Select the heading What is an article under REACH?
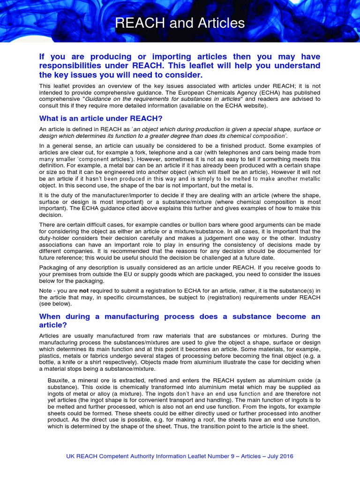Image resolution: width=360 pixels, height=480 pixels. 100,118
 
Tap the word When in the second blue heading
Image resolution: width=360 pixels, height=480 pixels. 52,316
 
